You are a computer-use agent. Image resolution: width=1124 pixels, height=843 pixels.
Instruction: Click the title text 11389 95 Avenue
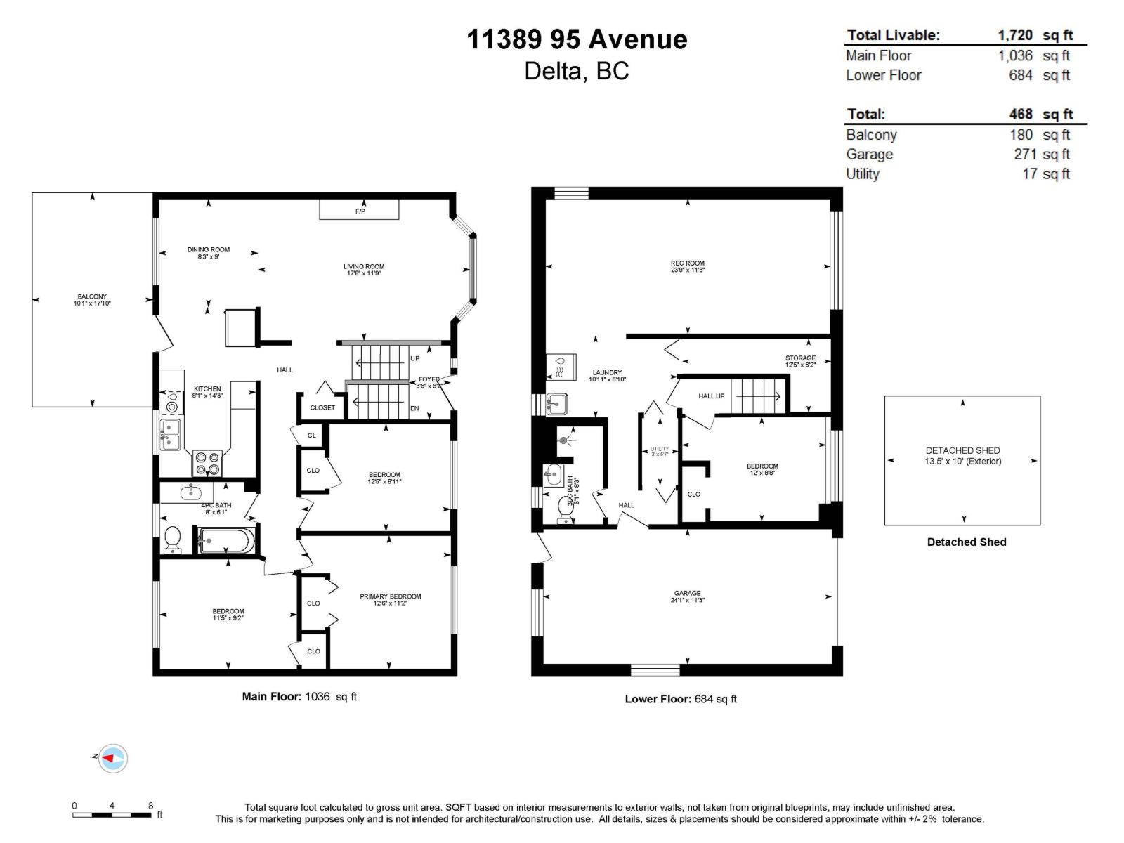pos(577,39)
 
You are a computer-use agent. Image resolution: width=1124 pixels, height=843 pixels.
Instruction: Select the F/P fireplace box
pos(360,210)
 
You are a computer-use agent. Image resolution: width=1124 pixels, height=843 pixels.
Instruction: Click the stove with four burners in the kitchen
pos(207,464)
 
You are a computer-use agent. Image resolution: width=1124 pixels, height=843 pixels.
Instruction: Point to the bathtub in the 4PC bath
pos(226,541)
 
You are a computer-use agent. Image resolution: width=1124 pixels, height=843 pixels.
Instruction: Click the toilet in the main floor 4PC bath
pos(171,540)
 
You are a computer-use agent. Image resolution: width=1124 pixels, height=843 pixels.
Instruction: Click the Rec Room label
pos(687,264)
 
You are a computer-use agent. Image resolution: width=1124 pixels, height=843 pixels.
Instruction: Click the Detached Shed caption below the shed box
pos(966,542)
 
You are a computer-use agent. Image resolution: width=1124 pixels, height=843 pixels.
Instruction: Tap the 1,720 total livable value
pos(1015,35)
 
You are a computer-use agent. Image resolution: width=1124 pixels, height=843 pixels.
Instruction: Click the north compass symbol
pos(112,758)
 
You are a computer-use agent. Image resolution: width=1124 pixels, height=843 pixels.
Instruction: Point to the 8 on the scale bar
pos(150,806)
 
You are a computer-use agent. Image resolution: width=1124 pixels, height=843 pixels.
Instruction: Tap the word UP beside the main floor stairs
pos(414,358)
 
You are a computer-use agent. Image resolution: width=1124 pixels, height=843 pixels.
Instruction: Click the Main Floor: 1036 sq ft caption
pos(299,697)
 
